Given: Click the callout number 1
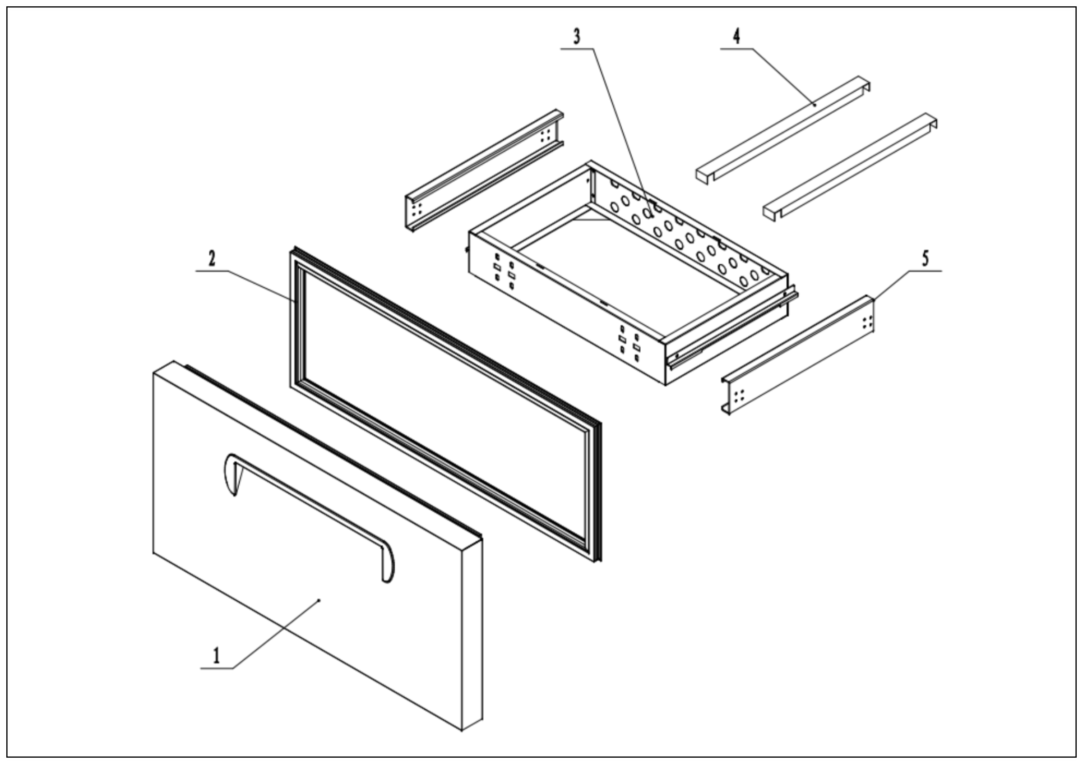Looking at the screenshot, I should point(217,656).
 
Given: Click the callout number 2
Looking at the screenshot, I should point(212,259).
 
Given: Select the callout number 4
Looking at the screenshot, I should point(736,36).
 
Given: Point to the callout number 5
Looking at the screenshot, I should point(926,259).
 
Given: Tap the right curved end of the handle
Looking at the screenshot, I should point(388,563).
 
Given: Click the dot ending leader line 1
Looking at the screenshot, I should point(319,600).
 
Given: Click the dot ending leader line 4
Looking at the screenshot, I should point(815,105).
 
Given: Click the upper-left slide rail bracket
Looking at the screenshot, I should point(483,170).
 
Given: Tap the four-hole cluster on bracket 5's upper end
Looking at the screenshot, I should point(867,322).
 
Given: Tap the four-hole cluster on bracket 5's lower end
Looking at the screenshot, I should point(739,396).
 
